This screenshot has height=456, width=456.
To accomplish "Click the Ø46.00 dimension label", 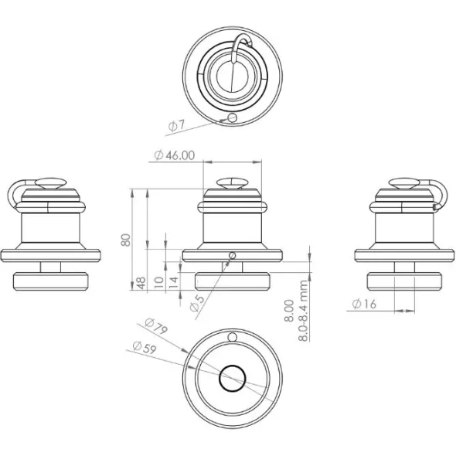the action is [174, 155].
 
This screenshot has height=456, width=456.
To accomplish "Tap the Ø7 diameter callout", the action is [176, 126].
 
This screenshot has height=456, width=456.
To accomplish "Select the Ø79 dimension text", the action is [156, 326].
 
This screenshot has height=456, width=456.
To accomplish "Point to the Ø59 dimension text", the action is [145, 347].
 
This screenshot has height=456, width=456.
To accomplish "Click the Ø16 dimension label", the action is [364, 304].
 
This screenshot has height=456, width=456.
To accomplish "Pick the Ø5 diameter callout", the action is [198, 304].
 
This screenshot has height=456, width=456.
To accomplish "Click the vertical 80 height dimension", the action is [126, 240].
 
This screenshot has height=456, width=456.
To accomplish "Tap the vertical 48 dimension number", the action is [141, 283].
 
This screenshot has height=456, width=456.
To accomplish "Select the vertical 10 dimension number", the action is [158, 282].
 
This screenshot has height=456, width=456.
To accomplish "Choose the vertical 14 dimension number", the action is [174, 282].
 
